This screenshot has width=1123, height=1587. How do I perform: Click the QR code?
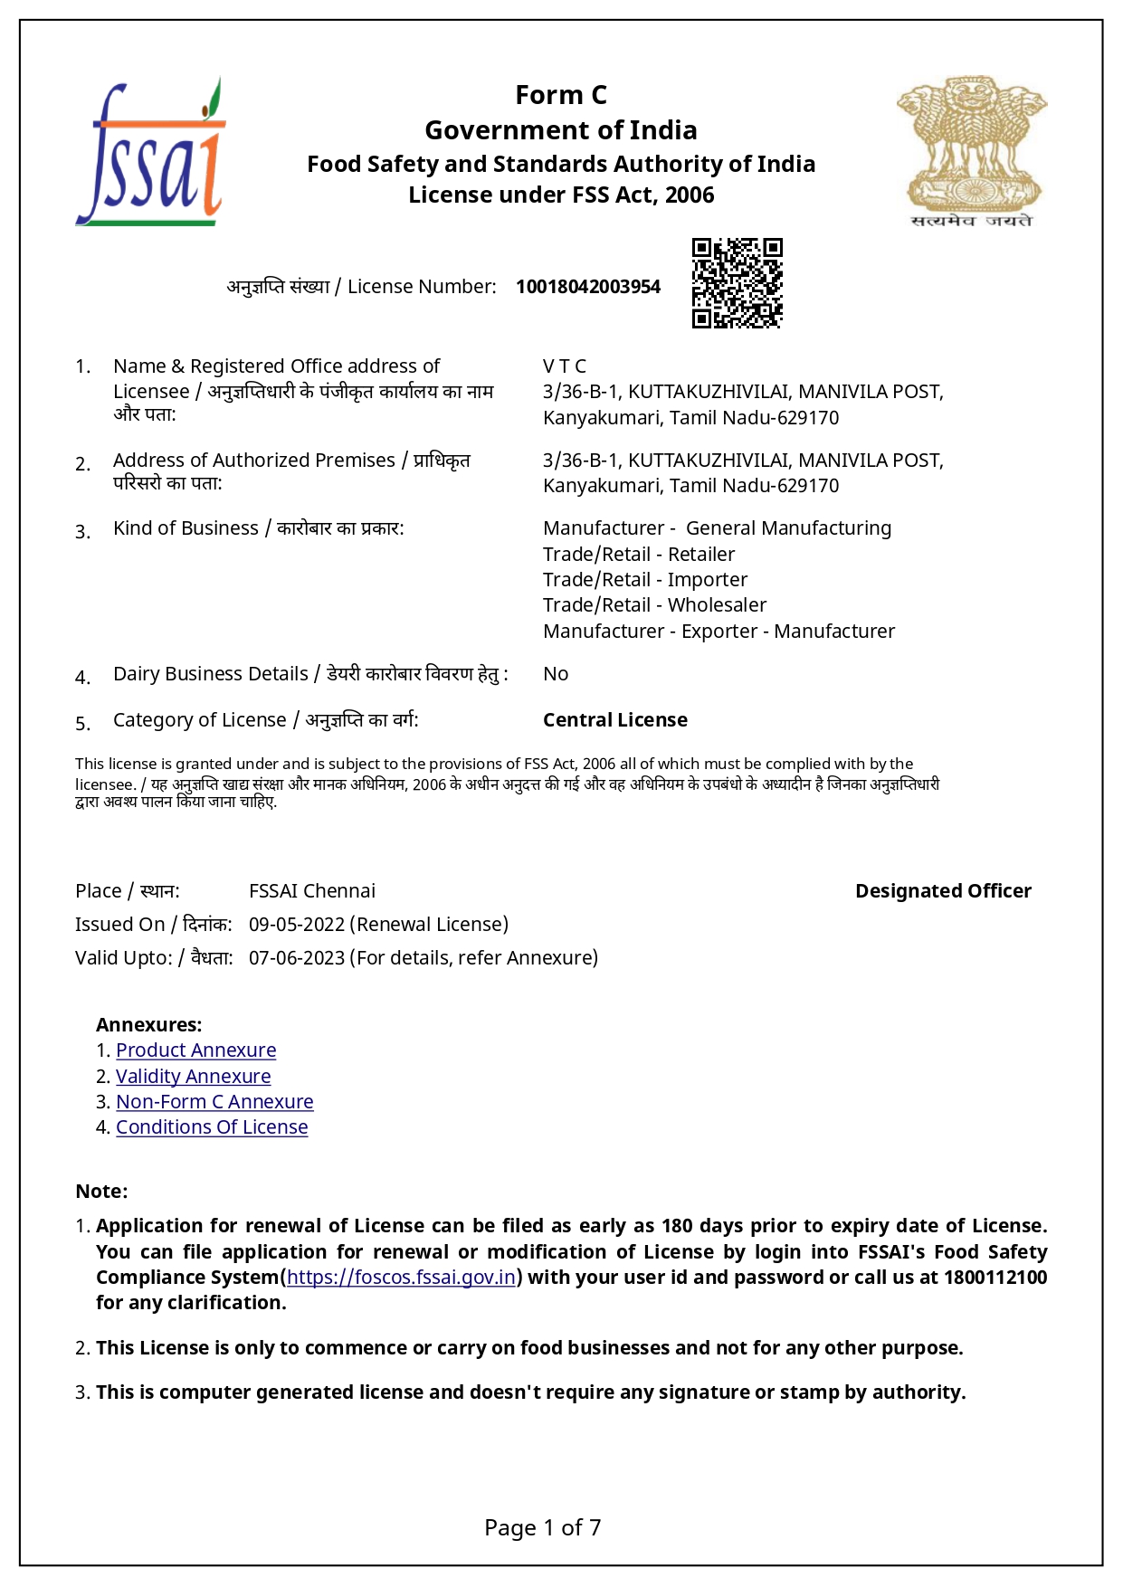coord(737,283)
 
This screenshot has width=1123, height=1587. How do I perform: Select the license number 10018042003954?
coord(588,287)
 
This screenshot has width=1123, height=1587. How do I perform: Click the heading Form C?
coord(561,95)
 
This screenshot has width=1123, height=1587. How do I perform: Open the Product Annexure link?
coord(195,1050)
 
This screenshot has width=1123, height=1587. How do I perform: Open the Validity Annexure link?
coord(193,1077)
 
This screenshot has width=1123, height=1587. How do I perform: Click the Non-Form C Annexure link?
coord(214,1102)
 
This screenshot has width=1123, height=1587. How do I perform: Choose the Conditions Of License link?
coord(212,1127)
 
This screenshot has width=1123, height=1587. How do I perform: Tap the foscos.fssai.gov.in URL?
coord(401,1278)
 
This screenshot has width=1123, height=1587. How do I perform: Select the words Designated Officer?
coord(943,891)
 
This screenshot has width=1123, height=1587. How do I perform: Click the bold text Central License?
coord(615,720)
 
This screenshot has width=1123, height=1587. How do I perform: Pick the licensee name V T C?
coord(565,366)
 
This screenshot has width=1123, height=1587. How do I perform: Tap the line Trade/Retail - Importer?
coord(645,580)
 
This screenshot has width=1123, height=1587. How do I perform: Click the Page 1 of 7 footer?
coord(543,1528)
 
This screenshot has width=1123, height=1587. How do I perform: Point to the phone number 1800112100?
coord(995,1278)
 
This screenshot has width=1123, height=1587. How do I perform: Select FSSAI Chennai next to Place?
coord(312,891)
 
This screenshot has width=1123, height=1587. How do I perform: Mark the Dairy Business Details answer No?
coord(556,674)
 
